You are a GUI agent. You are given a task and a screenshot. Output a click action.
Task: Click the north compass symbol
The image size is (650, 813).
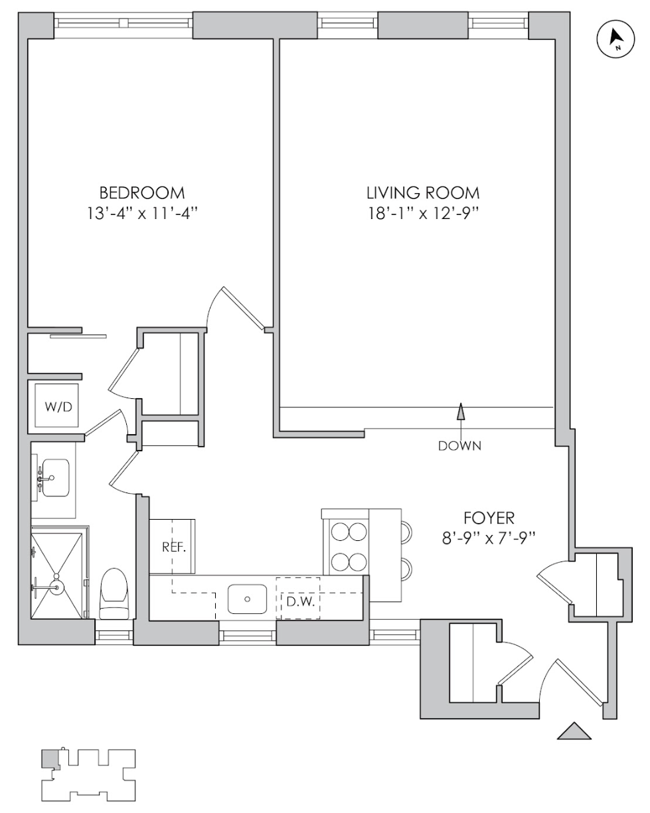tap(615, 40)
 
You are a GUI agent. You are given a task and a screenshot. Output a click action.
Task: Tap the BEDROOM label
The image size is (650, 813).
tap(141, 193)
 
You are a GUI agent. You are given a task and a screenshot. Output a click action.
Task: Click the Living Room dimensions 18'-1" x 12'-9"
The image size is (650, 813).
tap(422, 214)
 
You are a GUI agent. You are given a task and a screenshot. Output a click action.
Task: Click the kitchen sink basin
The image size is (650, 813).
tap(247, 599)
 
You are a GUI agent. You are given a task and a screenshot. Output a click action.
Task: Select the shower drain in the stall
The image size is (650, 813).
tap(57, 587)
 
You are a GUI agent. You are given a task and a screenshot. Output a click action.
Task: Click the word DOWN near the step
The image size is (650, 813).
tap(459, 446)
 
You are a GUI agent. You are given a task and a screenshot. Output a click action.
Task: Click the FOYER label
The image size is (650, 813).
tap(489, 518)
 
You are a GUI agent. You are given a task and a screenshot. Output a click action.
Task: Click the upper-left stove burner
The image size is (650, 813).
tap(340, 532)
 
